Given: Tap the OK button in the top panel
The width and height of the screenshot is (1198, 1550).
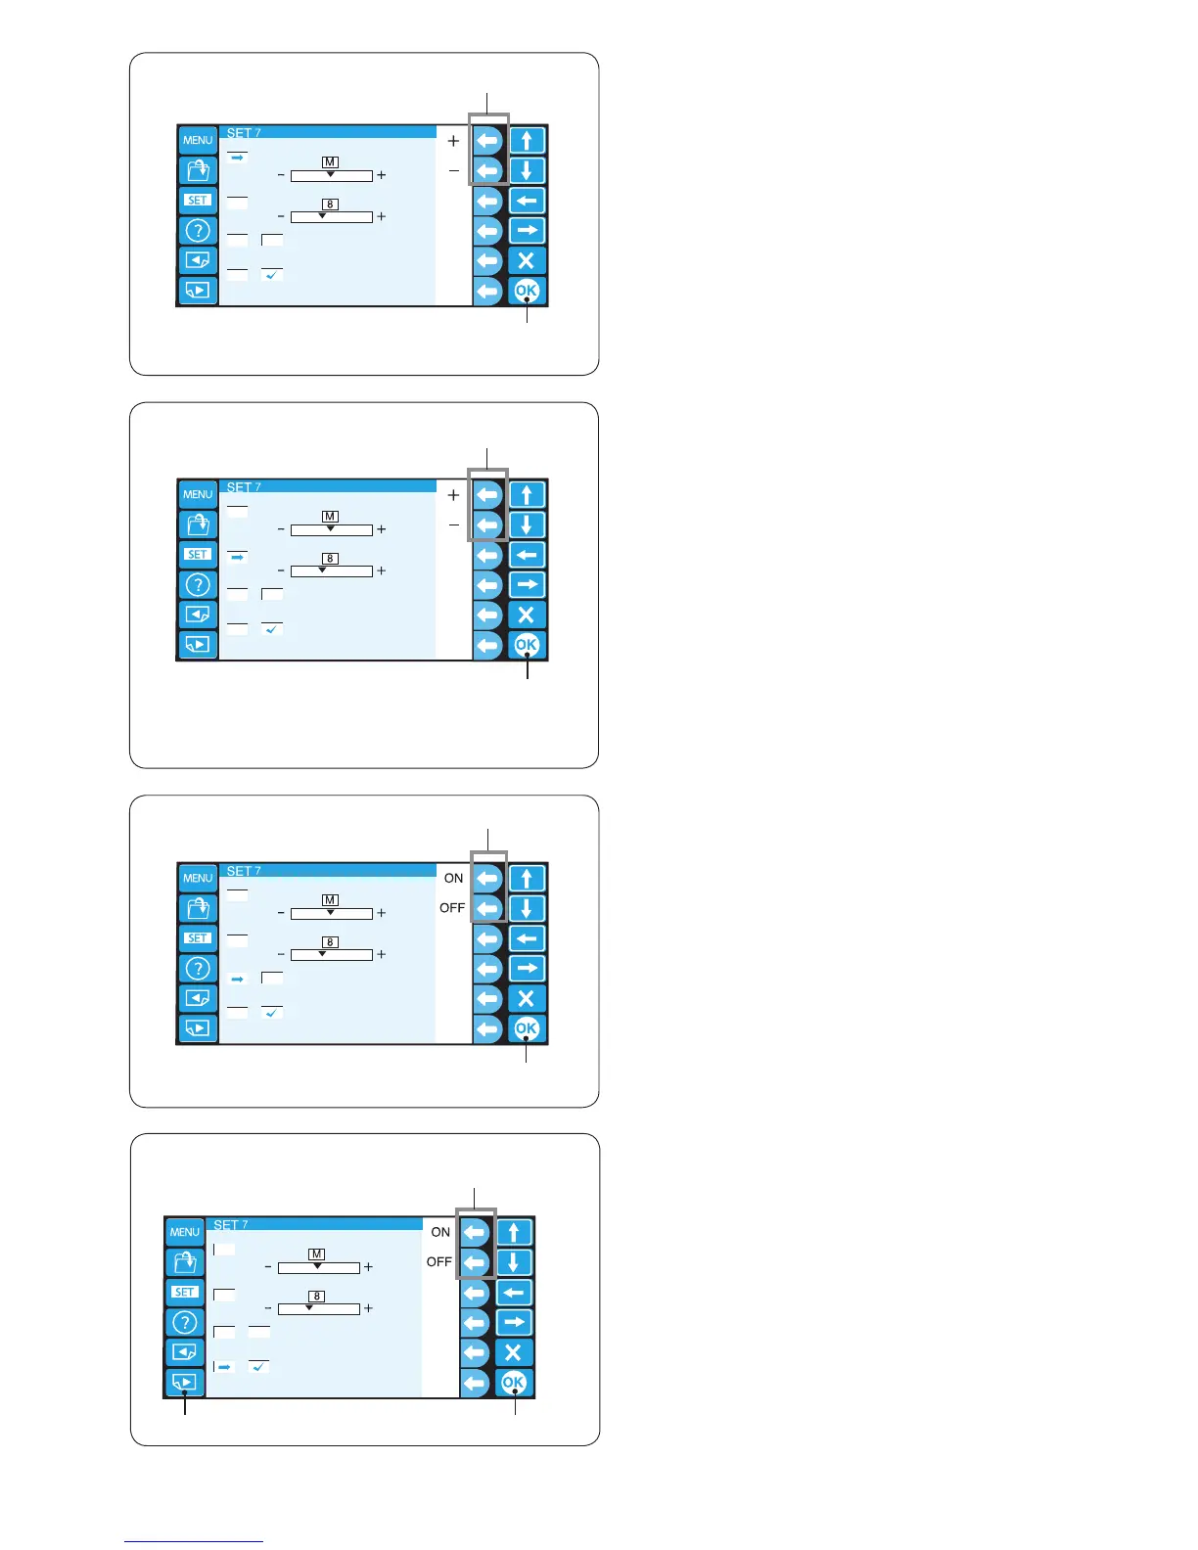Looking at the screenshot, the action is click(527, 291).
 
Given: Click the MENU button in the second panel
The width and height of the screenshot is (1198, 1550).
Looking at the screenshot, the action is click(198, 494).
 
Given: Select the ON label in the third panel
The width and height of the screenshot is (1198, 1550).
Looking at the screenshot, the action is click(453, 878).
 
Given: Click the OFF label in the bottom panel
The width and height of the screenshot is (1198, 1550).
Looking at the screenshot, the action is click(439, 1262).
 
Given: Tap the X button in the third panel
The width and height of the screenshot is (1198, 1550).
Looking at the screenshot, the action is click(527, 998).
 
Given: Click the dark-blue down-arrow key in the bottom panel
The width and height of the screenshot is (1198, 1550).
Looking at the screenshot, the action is click(514, 1262).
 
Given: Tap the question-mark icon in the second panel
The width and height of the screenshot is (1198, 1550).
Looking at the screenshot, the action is click(198, 585).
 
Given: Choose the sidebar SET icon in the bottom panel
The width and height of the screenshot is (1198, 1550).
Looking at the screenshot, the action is click(184, 1292).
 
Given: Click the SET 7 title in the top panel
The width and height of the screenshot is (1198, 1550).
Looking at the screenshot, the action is click(244, 133).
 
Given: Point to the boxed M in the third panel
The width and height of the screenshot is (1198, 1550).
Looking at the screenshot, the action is click(330, 899).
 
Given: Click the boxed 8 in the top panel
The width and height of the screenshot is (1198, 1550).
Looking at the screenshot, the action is click(330, 205).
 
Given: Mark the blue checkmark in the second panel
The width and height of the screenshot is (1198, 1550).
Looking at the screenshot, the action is click(272, 629).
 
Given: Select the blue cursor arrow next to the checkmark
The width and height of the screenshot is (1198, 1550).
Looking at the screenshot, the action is click(224, 1367).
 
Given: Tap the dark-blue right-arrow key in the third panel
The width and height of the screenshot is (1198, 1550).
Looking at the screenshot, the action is click(527, 969).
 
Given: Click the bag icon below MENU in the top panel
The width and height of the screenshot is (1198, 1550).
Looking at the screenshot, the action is click(198, 170).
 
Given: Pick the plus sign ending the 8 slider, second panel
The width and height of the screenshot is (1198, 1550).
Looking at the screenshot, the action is click(382, 570).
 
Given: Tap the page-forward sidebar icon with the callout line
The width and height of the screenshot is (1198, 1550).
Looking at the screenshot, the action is click(184, 1383).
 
